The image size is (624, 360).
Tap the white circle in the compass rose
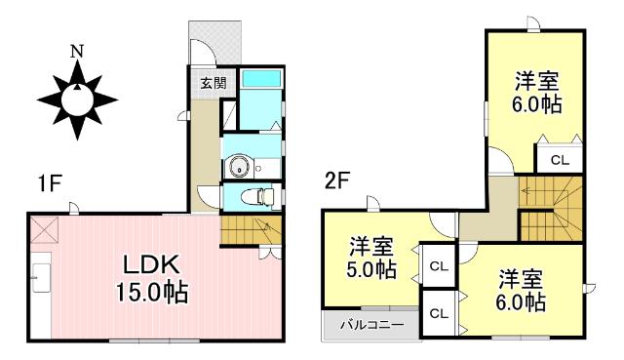pyautogui.click(x=76, y=97)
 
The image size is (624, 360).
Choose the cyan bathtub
pyautogui.click(x=259, y=78)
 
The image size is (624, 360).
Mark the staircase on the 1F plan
pyautogui.click(x=252, y=231)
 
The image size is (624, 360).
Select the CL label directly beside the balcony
pyautogui.click(x=439, y=313)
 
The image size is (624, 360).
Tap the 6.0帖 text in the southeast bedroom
pyautogui.click(x=519, y=301)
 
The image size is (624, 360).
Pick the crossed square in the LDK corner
pyautogui.click(x=43, y=230)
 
